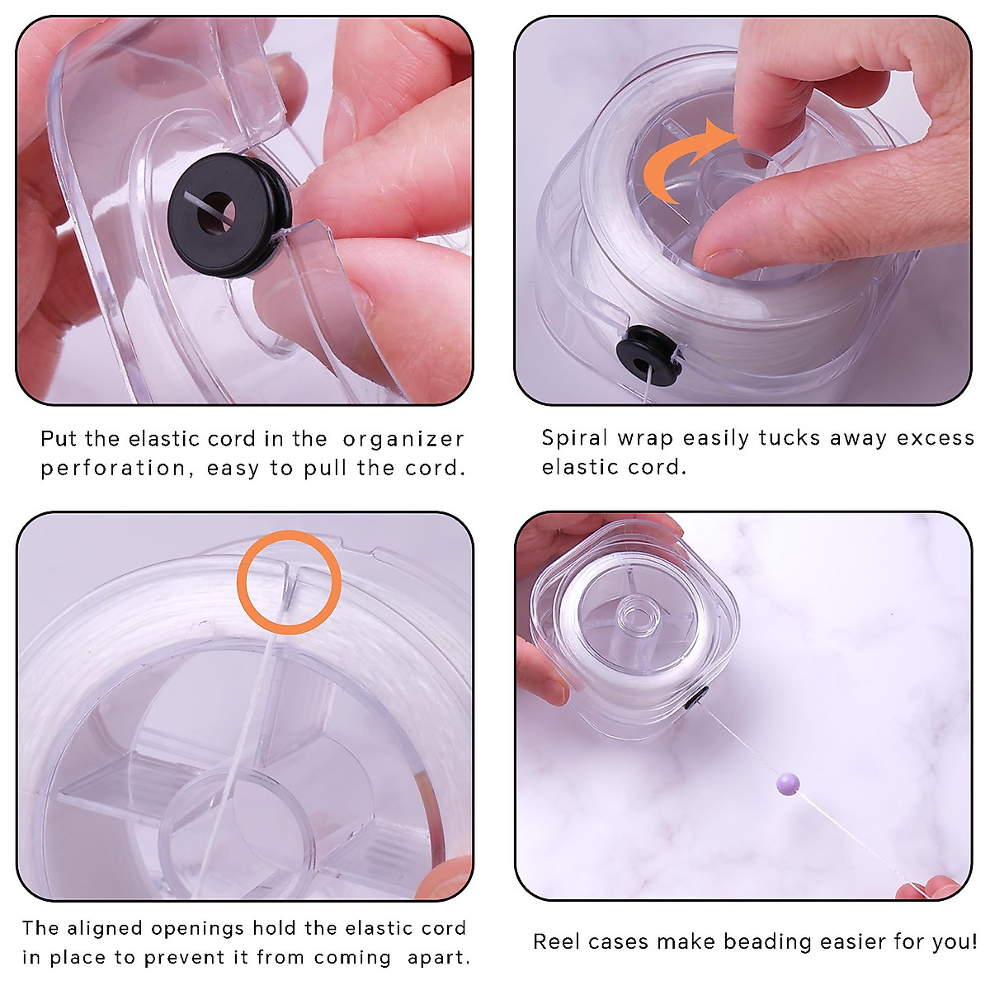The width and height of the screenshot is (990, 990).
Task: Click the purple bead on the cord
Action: [x=788, y=784]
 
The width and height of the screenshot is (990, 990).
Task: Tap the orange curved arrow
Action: [x=668, y=164]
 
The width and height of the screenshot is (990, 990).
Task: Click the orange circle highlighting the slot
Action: [x=289, y=582]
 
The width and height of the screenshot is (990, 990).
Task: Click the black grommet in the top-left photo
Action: [x=229, y=214]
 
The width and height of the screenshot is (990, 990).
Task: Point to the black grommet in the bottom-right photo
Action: [x=696, y=699]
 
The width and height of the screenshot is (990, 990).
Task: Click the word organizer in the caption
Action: [x=403, y=440]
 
